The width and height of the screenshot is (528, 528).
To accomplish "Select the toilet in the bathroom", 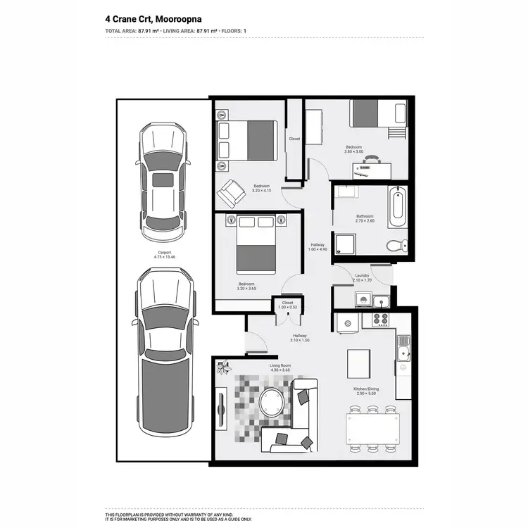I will [397, 244].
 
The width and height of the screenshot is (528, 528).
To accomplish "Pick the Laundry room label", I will [363, 276].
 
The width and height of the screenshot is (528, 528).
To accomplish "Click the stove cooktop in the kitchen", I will [381, 320].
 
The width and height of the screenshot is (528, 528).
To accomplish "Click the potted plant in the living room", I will [225, 367].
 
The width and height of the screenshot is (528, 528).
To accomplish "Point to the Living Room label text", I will [280, 365].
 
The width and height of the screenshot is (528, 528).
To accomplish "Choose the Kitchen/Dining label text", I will [366, 388].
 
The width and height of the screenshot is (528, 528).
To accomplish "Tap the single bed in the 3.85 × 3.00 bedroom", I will [378, 113].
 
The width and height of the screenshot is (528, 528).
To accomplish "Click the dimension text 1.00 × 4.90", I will [318, 250].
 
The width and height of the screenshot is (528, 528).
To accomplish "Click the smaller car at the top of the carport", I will [163, 180].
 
